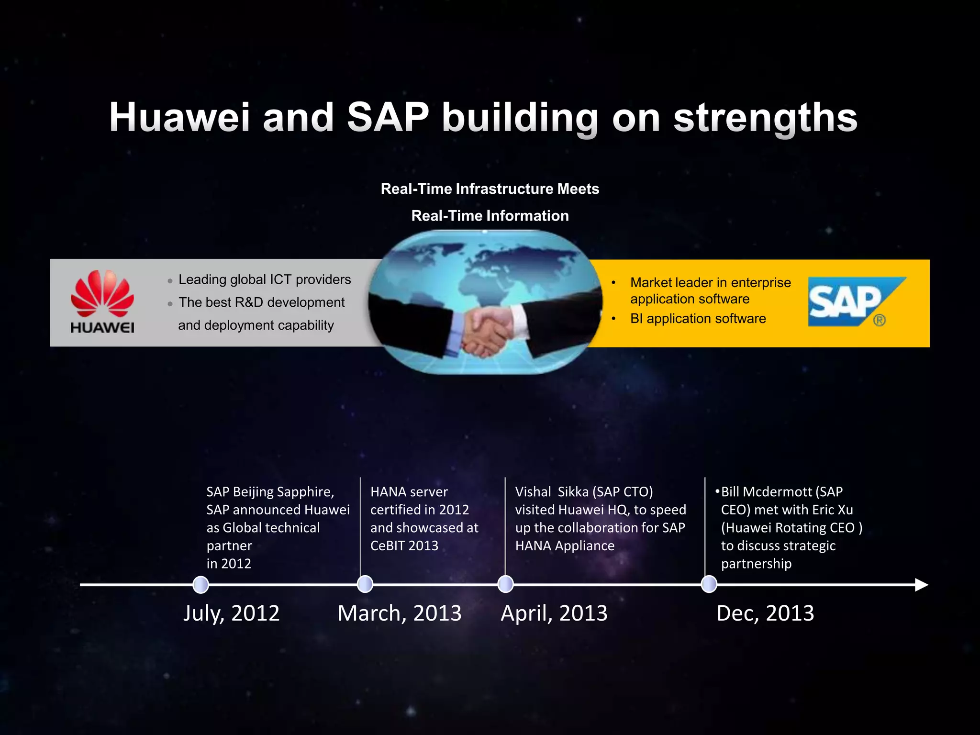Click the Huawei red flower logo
[102, 293]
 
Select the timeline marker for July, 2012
[200, 585]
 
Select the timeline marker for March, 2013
[365, 584]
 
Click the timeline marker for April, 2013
[505, 584]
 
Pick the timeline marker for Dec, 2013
[709, 584]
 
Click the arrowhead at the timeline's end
[921, 585]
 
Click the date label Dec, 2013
[765, 613]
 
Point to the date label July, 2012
[231, 613]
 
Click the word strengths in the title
[765, 118]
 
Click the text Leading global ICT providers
[264, 279]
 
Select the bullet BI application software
[698, 319]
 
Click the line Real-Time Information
[490, 216]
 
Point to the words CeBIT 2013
[404, 546]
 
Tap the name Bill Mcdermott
[766, 492]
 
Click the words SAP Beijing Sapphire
[269, 492]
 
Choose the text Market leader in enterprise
[710, 282]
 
